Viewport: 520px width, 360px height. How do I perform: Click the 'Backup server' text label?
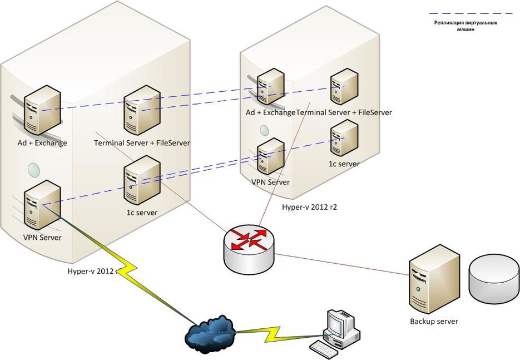click(x=434, y=321)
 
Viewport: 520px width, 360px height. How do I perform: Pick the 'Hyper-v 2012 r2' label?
click(x=310, y=206)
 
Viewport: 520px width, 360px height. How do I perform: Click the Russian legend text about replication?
click(x=465, y=26)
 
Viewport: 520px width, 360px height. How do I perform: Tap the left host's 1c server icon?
click(x=141, y=179)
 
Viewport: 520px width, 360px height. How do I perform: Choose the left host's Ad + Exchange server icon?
click(x=41, y=110)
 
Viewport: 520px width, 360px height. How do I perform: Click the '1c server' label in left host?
click(x=142, y=213)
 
